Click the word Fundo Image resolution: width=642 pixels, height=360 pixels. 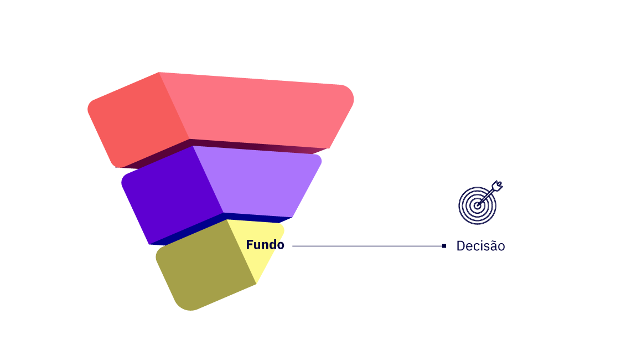click(265, 244)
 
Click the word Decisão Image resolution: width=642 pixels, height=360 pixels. click(481, 246)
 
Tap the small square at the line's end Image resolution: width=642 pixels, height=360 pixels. click(444, 246)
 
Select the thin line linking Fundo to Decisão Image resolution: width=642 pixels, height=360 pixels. click(367, 246)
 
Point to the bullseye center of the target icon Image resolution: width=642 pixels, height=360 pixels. click(477, 206)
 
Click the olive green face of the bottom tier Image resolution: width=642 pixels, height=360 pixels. click(205, 264)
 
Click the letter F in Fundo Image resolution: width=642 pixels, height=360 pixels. click(250, 244)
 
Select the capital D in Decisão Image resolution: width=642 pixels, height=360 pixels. click(460, 246)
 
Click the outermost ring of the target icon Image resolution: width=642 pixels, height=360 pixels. click(459, 206)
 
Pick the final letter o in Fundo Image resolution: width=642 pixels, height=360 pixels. click(281, 246)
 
